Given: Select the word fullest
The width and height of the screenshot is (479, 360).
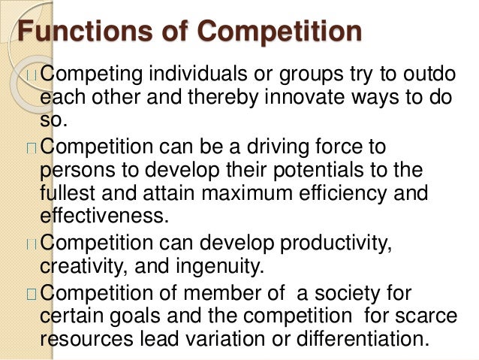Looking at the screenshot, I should tap(67, 194).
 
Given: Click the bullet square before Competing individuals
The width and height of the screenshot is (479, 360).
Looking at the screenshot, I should tap(31, 76).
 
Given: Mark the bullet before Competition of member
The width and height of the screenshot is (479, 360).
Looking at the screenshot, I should tap(31, 292).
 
